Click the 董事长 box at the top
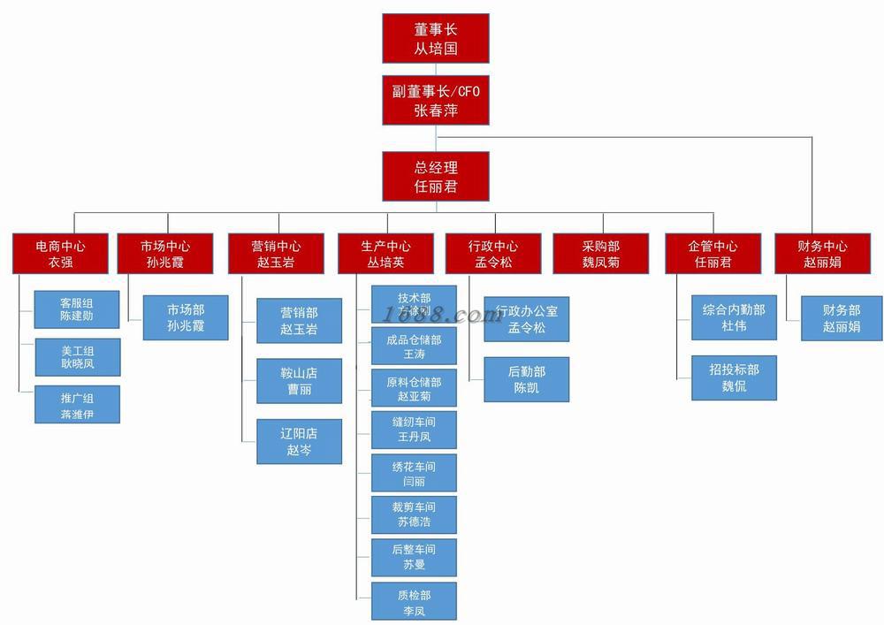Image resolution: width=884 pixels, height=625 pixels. pos(436,38)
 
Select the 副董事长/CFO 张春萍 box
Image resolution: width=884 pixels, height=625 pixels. pos(436,100)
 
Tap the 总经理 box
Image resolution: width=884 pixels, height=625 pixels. pos(436,176)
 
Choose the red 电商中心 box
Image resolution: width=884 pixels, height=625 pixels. pos(60,254)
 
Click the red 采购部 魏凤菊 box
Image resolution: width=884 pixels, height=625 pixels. pos(600,254)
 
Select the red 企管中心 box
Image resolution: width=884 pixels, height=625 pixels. pos(713,254)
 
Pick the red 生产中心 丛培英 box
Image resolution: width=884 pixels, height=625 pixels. pos(385,254)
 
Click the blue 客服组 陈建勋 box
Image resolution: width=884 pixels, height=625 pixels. pos(77,309)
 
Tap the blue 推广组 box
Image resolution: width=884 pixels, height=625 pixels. pos(77,404)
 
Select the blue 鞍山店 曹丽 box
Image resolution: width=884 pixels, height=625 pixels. pos(299,381)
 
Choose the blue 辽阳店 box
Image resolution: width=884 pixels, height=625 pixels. pos(299,441)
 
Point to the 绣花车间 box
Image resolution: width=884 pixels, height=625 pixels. pos(414,473)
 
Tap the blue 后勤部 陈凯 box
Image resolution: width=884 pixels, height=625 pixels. pos(526,379)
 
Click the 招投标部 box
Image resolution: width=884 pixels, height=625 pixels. pos(734,377)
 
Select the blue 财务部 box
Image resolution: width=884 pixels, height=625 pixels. pos(842,318)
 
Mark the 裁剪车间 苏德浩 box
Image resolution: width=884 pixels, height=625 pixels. pos(414,514)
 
